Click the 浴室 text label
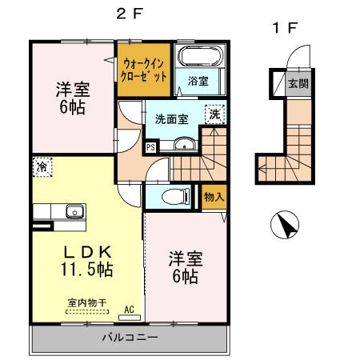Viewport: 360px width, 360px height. point(198,81)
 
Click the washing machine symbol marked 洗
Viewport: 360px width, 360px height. point(214,115)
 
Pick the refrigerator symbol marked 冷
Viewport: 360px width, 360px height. point(41,167)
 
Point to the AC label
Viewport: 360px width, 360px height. point(129,309)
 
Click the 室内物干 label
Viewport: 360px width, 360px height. point(82,302)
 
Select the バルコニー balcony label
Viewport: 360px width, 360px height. point(129,338)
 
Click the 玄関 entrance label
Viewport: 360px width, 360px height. point(298,84)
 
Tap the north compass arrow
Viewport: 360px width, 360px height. point(284,226)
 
